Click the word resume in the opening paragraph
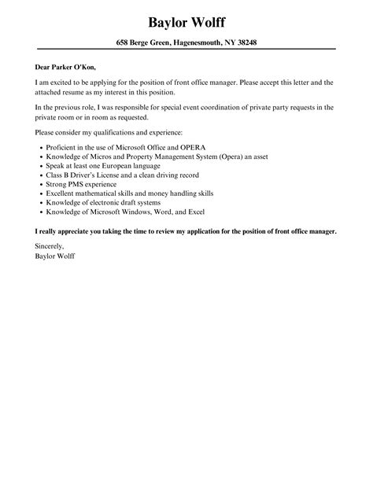82,91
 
